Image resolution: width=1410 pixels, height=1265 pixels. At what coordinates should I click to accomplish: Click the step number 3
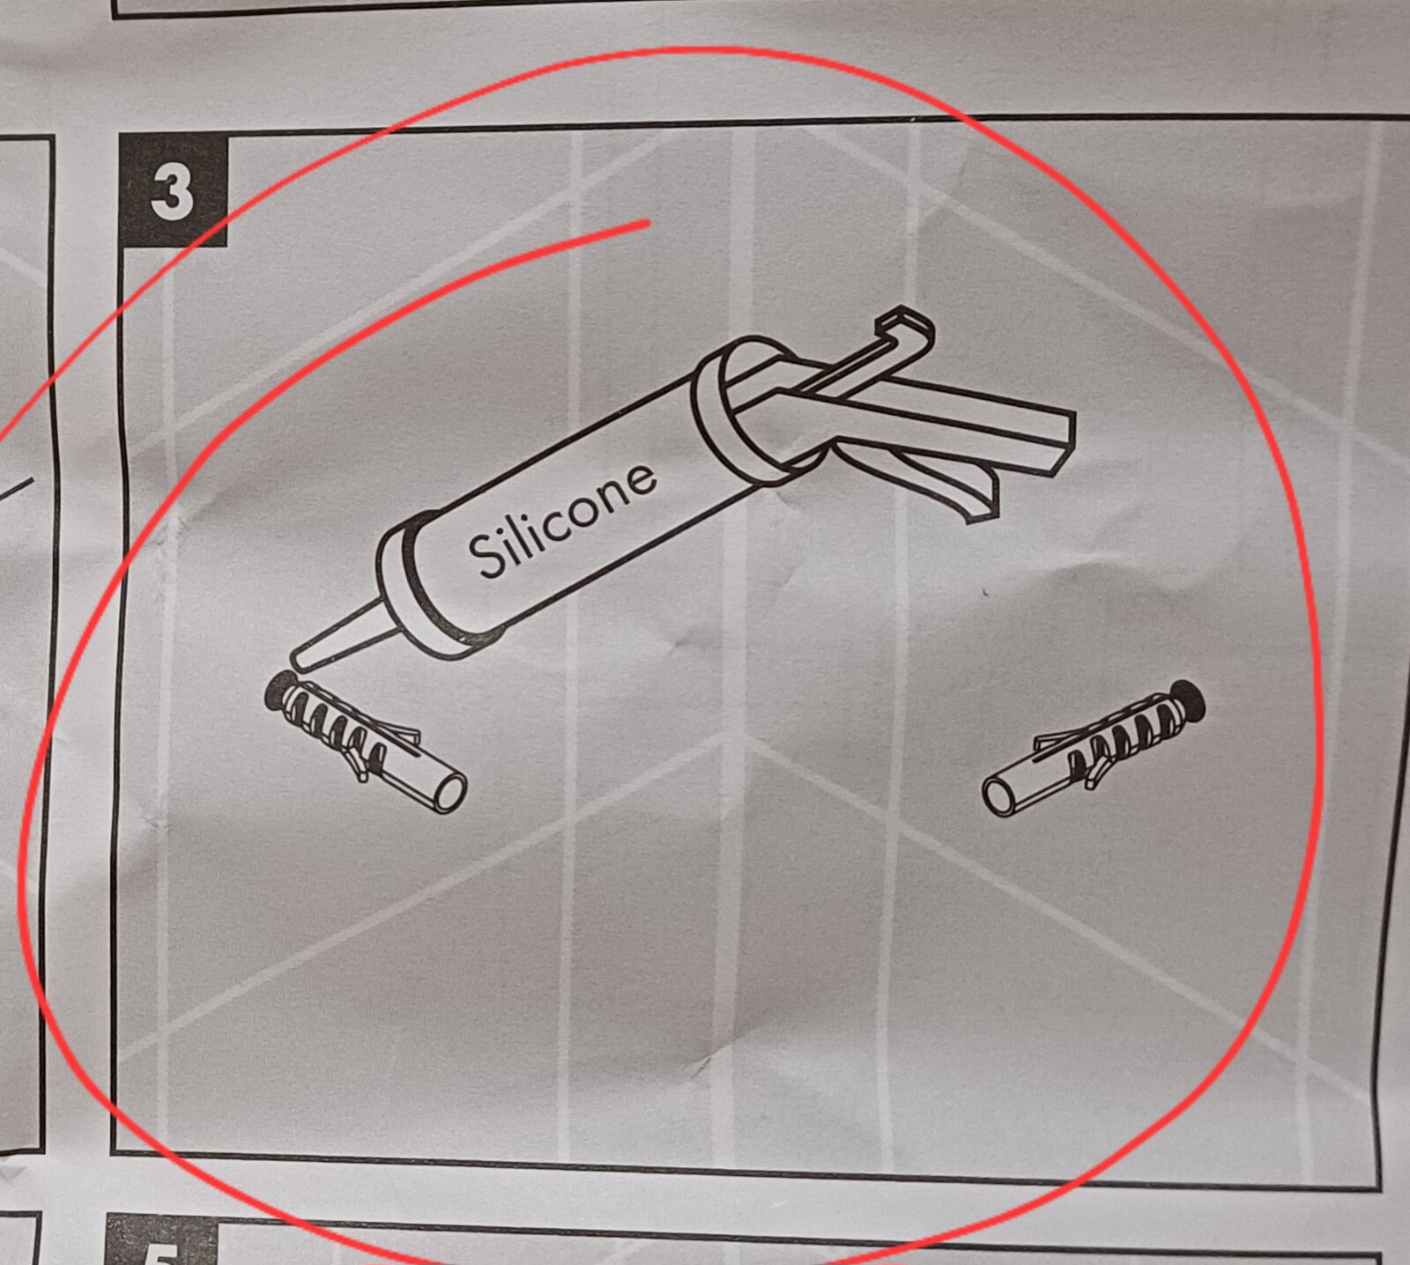point(171,193)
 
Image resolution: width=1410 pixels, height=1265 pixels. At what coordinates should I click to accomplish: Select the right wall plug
point(1094,747)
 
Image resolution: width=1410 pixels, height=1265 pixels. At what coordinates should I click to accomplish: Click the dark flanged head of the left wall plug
point(279,691)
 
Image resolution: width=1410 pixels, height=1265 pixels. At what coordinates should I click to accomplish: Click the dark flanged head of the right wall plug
point(1189,698)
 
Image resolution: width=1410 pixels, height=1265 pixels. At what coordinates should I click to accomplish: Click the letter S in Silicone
point(484,555)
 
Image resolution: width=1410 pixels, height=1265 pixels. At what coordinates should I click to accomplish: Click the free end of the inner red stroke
point(648,224)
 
